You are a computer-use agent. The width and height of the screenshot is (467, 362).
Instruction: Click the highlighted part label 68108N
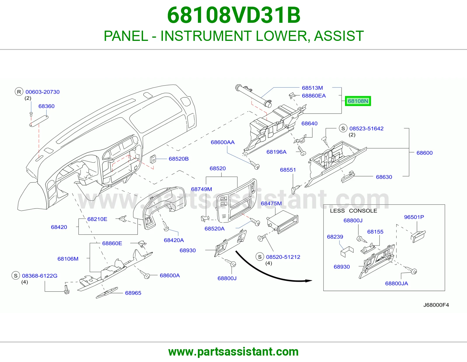(358, 101)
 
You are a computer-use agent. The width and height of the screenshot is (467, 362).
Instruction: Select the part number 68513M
(312, 88)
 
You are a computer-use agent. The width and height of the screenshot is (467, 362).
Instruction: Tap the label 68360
(46, 106)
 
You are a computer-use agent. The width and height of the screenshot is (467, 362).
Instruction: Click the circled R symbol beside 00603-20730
(19, 92)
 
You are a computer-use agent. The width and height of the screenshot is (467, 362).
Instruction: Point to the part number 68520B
(179, 159)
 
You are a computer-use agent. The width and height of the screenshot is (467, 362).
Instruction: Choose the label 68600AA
(222, 142)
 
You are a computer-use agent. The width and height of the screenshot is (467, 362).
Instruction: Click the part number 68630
(384, 177)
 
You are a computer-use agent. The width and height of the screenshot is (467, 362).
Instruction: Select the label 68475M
(271, 203)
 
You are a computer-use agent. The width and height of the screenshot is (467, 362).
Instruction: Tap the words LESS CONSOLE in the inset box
(353, 211)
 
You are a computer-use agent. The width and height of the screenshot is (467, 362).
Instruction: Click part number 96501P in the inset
(414, 217)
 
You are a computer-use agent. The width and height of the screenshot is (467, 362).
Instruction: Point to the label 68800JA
(396, 283)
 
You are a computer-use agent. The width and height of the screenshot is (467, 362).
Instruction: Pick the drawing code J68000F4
(436, 305)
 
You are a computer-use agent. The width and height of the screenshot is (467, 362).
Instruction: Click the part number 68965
(133, 293)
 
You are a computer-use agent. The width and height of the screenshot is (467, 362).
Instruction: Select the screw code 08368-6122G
(40, 276)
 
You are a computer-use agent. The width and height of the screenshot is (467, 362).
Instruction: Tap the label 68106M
(68, 259)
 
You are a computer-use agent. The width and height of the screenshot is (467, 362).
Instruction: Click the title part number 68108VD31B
(233, 15)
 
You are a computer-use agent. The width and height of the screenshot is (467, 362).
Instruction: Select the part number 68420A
(174, 240)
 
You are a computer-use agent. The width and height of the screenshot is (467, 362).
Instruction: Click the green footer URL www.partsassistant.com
(233, 352)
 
